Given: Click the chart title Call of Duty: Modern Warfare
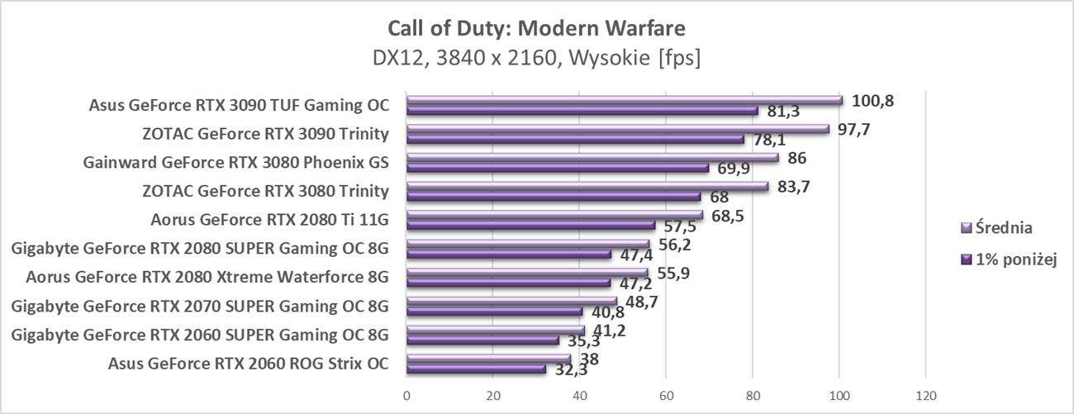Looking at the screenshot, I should [x=536, y=29].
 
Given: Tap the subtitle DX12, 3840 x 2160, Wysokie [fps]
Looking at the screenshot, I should [x=536, y=59].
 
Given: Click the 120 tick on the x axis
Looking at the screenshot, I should [x=925, y=394].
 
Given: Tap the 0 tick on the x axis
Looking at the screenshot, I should [x=406, y=394].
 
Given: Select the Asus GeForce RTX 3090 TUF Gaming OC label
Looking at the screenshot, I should [x=238, y=105].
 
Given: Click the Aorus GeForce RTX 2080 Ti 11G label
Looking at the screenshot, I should [x=269, y=220].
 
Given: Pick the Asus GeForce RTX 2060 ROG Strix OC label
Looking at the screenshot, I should [x=248, y=364].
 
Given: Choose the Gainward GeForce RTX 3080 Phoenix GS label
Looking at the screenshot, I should [x=235, y=162].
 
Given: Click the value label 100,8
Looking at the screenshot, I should [x=872, y=101].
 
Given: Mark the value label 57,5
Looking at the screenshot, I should [x=677, y=226].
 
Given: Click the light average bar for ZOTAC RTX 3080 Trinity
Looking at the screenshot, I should [x=587, y=187].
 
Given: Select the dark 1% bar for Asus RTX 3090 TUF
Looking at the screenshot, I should [x=582, y=111].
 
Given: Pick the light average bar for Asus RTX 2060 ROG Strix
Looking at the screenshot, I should [x=487, y=359].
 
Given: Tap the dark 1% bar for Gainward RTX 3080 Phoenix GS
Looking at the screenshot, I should [x=557, y=168].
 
